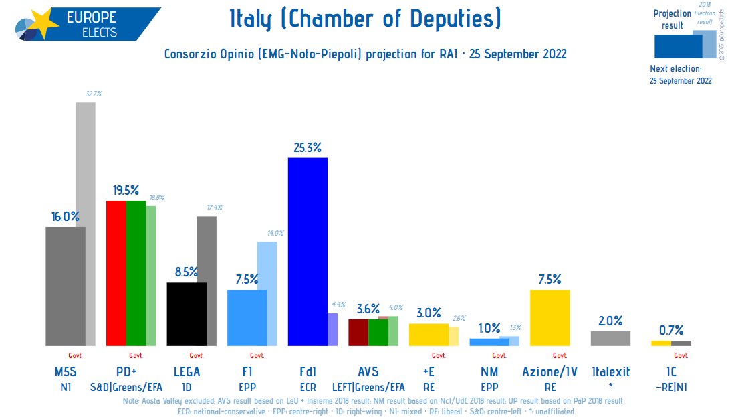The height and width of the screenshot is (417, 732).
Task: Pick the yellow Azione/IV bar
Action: coord(550,317)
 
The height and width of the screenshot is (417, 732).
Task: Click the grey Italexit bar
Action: coord(610,338)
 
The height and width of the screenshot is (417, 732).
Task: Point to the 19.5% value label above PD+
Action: coord(126,191)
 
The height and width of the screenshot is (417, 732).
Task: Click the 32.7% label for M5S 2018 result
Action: coord(94,94)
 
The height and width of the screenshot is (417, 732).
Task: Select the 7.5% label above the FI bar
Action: coord(247,280)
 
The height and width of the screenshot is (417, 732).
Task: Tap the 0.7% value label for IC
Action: coord(670,330)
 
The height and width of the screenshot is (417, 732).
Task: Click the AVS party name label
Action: coord(368,372)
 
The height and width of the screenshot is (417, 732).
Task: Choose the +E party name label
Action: coord(429,372)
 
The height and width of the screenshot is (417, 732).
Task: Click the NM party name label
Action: coord(489,372)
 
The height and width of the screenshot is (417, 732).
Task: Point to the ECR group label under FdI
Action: coord(308,386)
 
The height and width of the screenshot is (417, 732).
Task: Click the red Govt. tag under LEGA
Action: coord(197,356)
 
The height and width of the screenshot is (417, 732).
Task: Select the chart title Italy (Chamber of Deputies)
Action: coord(365,19)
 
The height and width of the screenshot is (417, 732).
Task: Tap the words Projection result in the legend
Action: coord(672,19)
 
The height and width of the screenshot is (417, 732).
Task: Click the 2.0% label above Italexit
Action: coord(610,321)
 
